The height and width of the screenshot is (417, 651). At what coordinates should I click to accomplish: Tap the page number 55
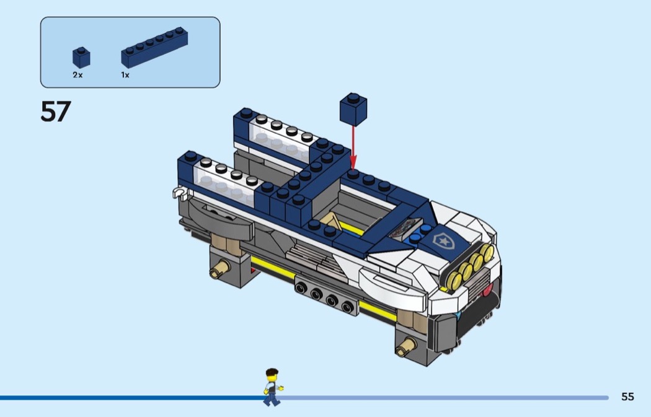(627, 397)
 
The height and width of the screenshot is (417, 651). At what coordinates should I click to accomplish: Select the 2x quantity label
(77, 75)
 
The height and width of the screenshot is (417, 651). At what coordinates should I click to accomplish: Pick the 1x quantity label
(125, 75)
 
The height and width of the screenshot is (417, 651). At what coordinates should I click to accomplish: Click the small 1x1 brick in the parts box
(81, 57)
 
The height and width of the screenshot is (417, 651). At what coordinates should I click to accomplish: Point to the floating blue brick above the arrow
(353, 109)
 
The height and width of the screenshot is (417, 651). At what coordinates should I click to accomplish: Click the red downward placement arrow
(353, 147)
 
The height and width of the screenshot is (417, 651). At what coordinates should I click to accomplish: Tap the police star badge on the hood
(443, 240)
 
